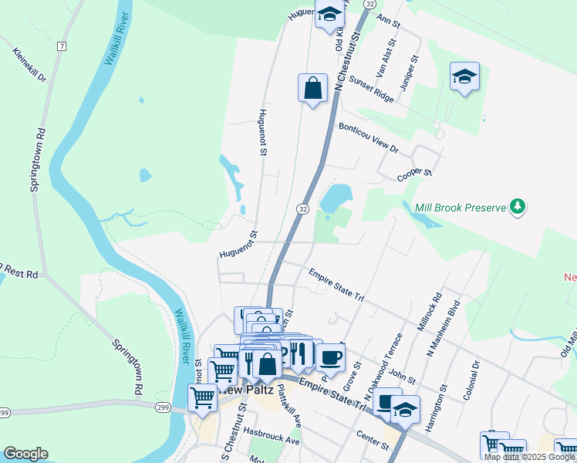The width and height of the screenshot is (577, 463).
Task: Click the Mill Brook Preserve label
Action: pos(459,207)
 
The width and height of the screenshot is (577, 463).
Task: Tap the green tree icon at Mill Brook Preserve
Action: pos(519,206)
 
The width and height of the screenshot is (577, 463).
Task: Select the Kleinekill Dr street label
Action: pos(30,66)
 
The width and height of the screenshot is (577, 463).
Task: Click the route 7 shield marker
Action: pos(61,46)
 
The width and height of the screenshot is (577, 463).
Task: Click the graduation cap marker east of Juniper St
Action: pos(464,76)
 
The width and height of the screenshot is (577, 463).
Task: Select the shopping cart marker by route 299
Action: pos(202,397)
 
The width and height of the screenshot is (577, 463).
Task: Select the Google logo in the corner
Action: pos(25,454)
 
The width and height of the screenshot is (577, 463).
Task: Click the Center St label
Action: pos(373,441)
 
